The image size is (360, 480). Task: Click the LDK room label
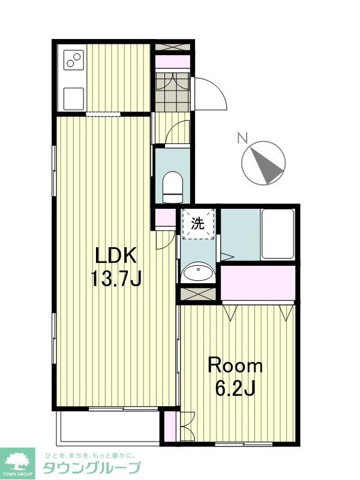click(x=116, y=256)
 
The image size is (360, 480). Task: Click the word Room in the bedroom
click(x=235, y=365)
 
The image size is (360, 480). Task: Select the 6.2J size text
click(x=235, y=388)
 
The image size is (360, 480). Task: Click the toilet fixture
click(x=173, y=187)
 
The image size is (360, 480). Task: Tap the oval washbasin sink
click(x=197, y=272)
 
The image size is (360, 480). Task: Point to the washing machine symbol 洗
click(x=197, y=224)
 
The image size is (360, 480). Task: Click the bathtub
click(x=278, y=233)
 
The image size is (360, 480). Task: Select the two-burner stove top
click(x=74, y=59)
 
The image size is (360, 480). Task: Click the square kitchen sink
click(x=74, y=98)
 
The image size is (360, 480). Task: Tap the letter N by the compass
click(x=242, y=138)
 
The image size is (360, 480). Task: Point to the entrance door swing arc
click(x=216, y=89)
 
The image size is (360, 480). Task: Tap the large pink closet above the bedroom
click(x=258, y=283)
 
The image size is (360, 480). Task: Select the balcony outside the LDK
click(x=108, y=426)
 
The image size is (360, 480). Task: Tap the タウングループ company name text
click(x=92, y=467)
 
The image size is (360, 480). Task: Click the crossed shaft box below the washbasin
click(x=198, y=294)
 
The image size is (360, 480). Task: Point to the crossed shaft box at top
click(x=173, y=47)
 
